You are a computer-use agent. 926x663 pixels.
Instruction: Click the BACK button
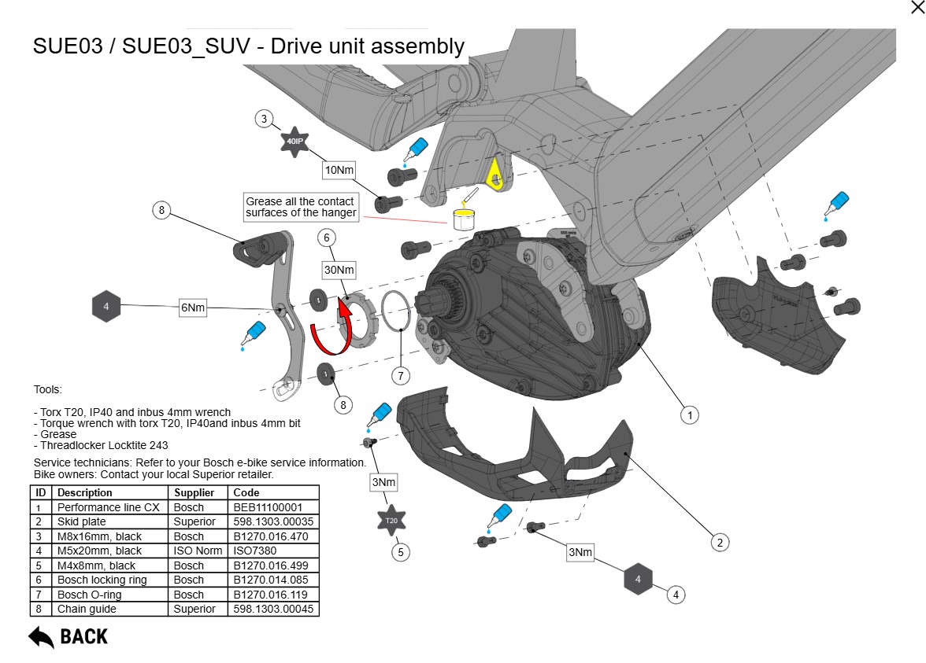69,636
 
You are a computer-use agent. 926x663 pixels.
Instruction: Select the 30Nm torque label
339,270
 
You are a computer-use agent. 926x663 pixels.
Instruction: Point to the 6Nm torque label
193,308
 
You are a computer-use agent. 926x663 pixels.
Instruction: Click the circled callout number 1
689,414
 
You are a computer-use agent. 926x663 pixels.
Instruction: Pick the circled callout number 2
718,542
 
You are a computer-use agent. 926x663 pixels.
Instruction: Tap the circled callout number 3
265,120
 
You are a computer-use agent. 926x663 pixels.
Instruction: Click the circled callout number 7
401,376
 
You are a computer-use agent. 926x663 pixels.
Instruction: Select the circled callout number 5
401,552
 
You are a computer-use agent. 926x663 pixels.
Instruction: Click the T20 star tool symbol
391,520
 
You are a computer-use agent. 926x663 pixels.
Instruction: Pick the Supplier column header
194,493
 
